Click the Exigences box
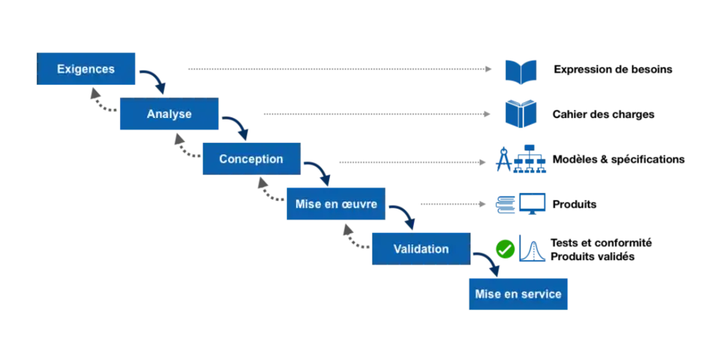pyautogui.click(x=87, y=70)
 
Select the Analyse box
pyautogui.click(x=169, y=115)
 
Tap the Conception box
pyautogui.click(x=251, y=160)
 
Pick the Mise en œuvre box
pyautogui.click(x=335, y=204)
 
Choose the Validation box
pyautogui.click(x=421, y=249)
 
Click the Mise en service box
pyautogui.click(x=518, y=293)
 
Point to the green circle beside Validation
pyautogui.click(x=504, y=249)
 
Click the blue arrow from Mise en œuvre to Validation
pyautogui.click(x=406, y=213)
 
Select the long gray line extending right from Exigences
pyautogui.click(x=340, y=70)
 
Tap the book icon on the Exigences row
pyautogui.click(x=520, y=70)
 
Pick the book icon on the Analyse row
pyautogui.click(x=520, y=113)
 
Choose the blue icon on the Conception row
pyautogui.click(x=521, y=159)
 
